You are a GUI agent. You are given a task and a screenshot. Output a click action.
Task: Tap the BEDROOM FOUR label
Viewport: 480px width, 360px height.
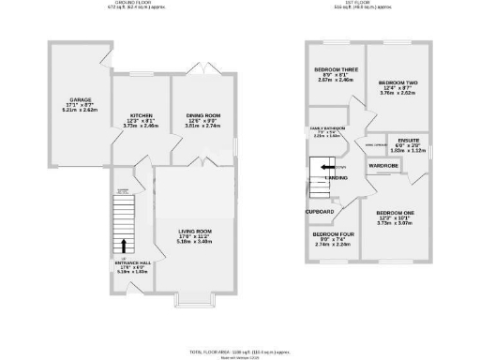tap(333, 236)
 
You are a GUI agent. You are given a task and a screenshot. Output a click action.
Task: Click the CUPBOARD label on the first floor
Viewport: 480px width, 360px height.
tap(320, 213)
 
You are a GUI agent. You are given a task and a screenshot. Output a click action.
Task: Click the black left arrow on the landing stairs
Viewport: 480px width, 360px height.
tap(327, 167)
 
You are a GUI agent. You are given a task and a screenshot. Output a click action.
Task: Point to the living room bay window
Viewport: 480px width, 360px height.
tap(195, 301)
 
